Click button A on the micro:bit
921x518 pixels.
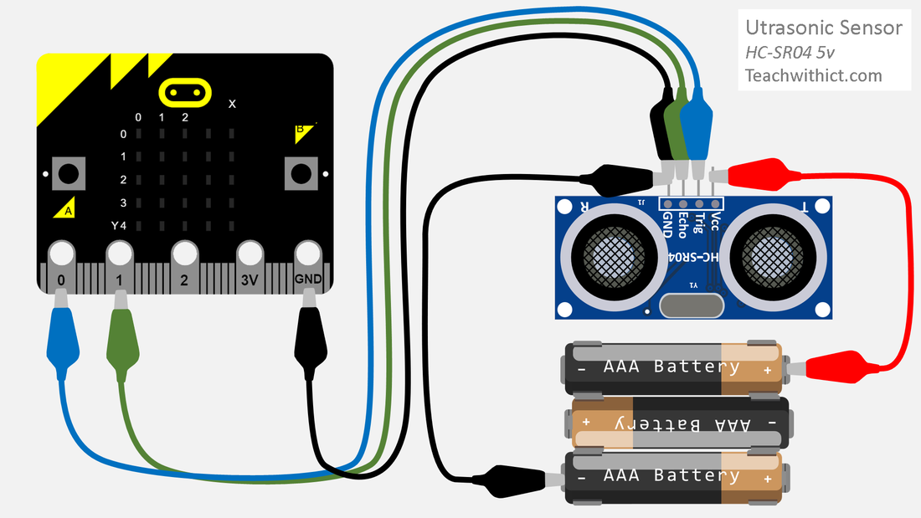tap(69, 174)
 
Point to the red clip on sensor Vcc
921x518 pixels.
tap(757, 174)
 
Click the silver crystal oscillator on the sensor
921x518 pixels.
tap(692, 305)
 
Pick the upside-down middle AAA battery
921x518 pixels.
tap(680, 423)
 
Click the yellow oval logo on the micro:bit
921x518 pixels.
tap(185, 93)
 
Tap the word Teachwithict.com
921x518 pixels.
tap(814, 76)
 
